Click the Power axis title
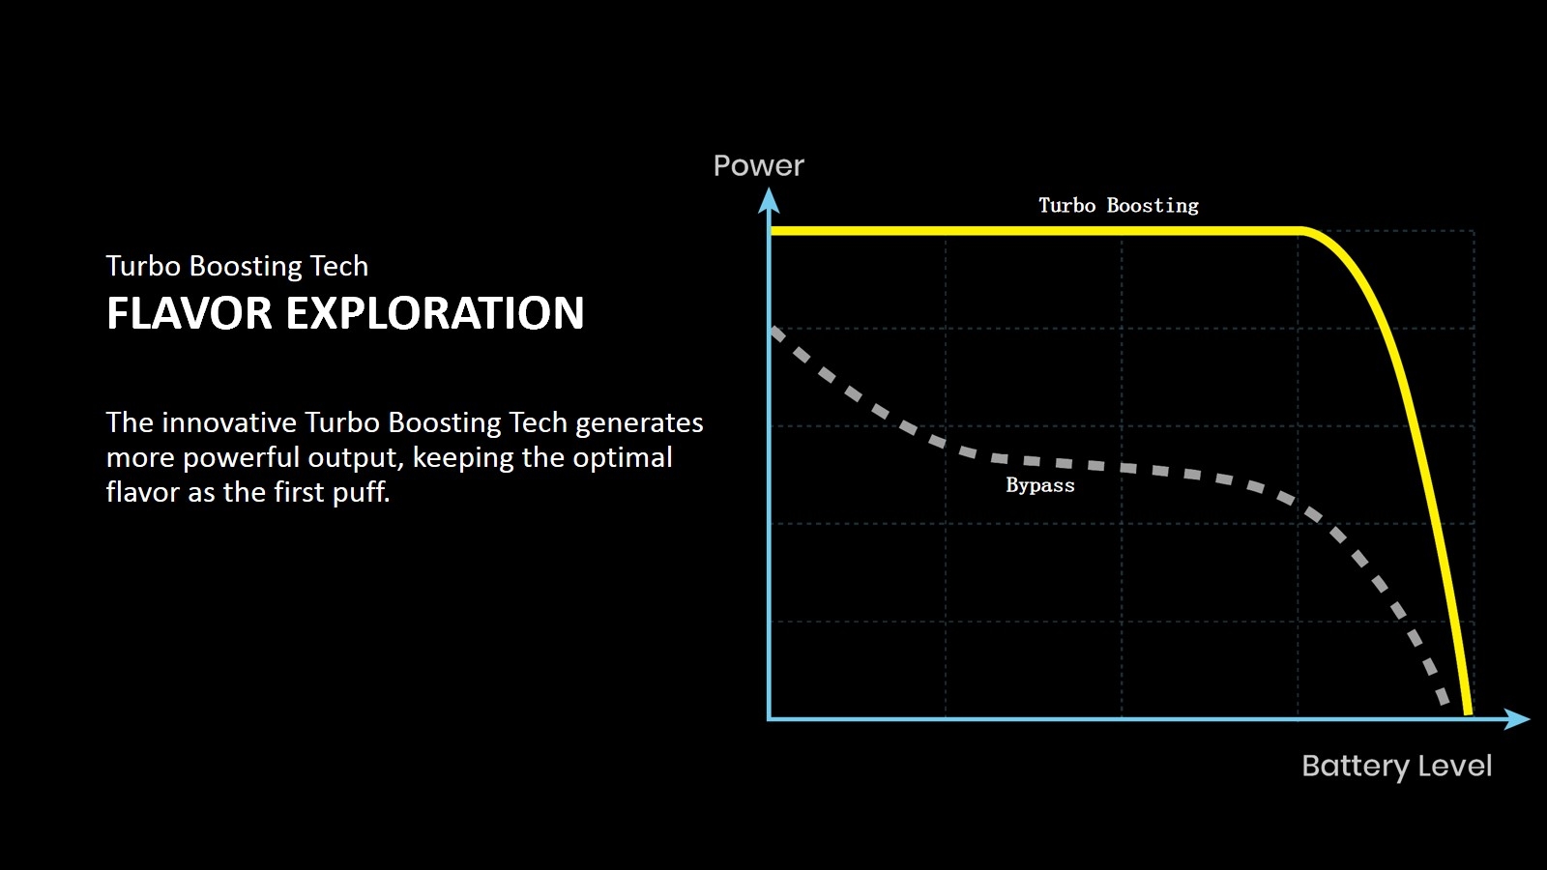point(758,165)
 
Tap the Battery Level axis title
point(1396,767)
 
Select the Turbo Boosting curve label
point(1119,206)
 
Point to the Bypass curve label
point(1040,485)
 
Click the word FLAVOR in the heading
point(190,313)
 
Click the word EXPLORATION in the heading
point(435,313)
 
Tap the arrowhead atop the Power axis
point(769,201)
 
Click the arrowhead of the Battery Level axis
point(1517,719)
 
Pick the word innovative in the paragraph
point(229,422)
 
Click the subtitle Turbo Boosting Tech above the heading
point(237,267)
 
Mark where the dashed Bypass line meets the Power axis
point(773,330)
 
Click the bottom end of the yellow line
point(1469,713)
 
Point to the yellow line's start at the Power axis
point(773,231)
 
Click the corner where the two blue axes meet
point(770,719)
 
